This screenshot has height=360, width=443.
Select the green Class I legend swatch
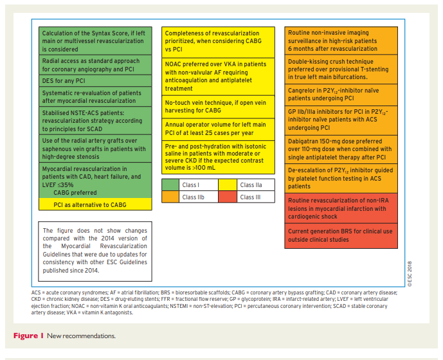172,185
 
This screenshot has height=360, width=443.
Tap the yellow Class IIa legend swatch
228,185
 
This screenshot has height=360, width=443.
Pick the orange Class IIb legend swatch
172,197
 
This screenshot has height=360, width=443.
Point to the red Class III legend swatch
228,197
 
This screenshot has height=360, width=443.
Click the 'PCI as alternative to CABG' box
95,205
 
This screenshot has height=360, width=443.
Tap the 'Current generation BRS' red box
339,235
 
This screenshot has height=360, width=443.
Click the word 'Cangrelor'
304,91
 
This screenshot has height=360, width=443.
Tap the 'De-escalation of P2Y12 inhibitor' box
339,177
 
